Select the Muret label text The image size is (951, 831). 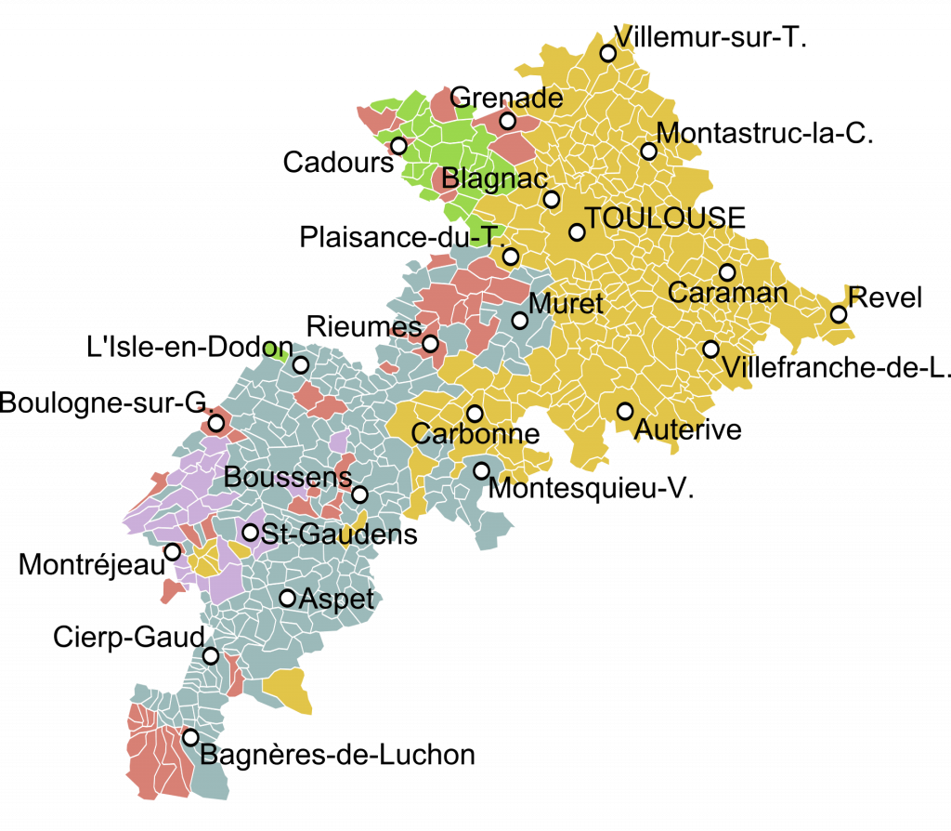(566, 303)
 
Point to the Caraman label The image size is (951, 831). (727, 293)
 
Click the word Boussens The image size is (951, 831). (288, 477)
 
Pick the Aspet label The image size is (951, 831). (336, 600)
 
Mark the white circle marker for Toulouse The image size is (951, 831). (577, 232)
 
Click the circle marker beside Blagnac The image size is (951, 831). (552, 199)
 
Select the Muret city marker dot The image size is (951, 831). (520, 321)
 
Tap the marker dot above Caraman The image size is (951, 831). (727, 272)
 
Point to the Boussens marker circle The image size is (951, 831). (360, 495)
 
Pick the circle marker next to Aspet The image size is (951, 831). (288, 598)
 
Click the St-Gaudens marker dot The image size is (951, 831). (251, 533)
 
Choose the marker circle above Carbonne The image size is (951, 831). (475, 414)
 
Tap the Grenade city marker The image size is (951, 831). (507, 121)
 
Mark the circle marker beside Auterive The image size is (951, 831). (625, 411)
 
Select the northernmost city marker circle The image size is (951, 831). (607, 53)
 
